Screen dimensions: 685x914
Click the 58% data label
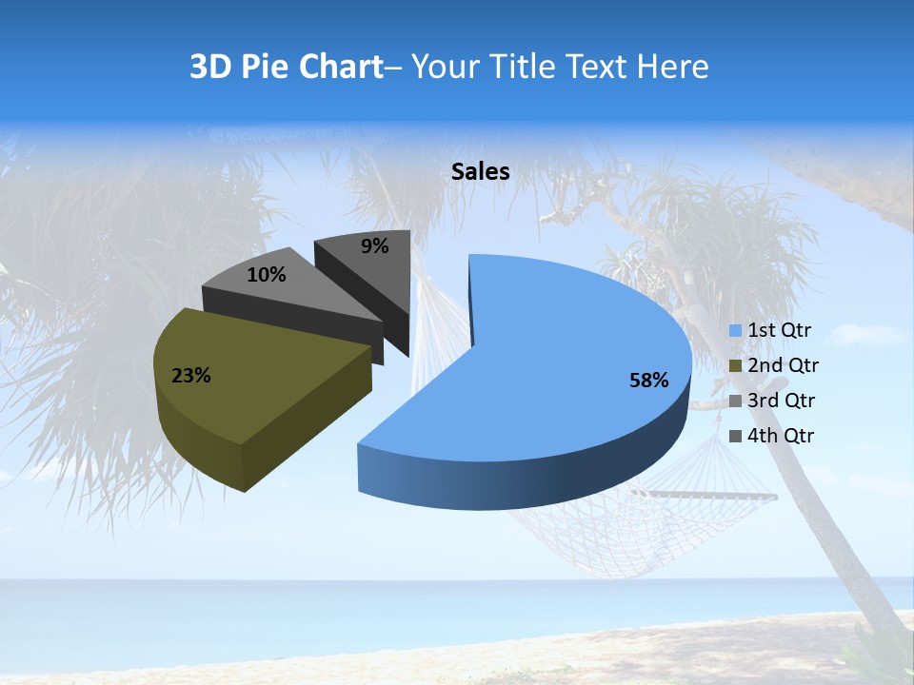648,381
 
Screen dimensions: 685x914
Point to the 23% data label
190,376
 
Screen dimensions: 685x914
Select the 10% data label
266,275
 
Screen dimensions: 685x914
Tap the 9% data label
375,246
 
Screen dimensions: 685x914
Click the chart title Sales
481,171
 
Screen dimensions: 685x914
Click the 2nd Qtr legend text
784,365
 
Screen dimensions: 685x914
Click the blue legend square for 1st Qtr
736,331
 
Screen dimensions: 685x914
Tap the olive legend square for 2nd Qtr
736,366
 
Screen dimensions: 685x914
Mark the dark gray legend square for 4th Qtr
736,437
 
